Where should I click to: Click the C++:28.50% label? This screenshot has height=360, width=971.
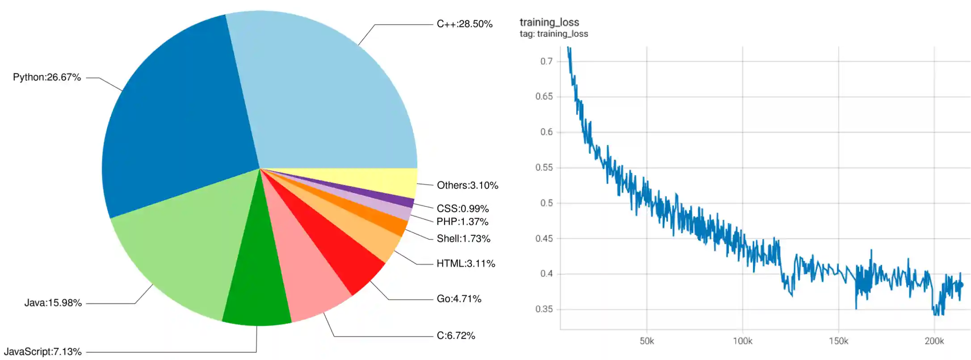click(464, 24)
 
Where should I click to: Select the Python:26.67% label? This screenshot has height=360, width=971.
click(47, 77)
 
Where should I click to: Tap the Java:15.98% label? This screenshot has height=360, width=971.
click(53, 303)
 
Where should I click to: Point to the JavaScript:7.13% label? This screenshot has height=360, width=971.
click(43, 352)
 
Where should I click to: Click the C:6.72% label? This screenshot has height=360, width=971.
click(456, 335)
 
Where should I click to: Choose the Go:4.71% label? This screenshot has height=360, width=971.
click(459, 299)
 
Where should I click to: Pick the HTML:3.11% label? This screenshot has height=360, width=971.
click(466, 264)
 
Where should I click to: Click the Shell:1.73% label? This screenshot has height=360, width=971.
click(463, 239)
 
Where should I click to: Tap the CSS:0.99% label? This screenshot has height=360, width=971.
click(462, 209)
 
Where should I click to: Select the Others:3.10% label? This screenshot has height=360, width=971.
click(467, 185)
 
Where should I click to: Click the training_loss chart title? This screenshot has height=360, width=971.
click(549, 22)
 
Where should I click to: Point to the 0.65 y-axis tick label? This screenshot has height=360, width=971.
click(544, 96)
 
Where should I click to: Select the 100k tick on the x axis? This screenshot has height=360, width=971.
click(742, 341)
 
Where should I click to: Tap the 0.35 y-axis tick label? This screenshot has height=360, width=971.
click(544, 309)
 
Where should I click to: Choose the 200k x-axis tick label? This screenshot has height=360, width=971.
click(934, 341)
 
